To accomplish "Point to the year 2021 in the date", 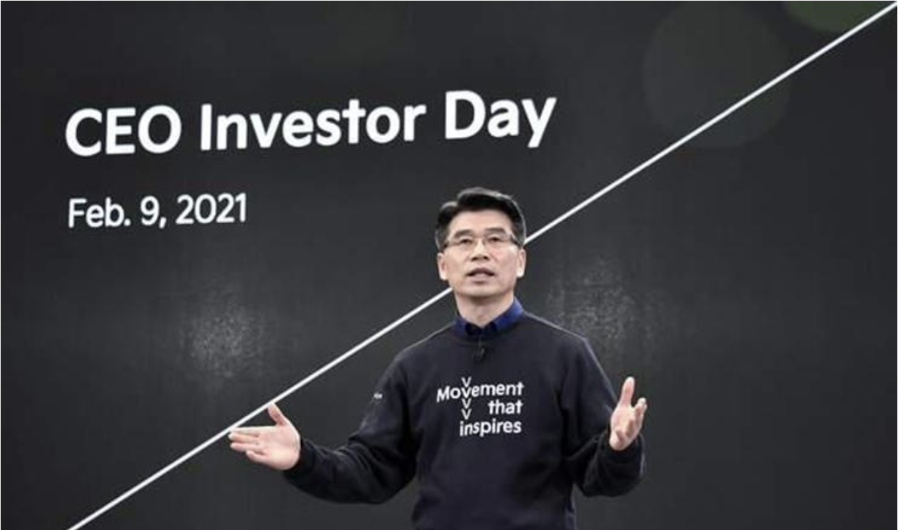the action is point(212,209).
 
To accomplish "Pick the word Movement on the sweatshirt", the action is point(480,391).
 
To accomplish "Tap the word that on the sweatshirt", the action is point(505,408).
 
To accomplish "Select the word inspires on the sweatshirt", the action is point(490,427).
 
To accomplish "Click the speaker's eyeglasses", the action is point(480,242).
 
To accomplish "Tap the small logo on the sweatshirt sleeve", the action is point(377,396).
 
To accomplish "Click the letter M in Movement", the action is point(446,395).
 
